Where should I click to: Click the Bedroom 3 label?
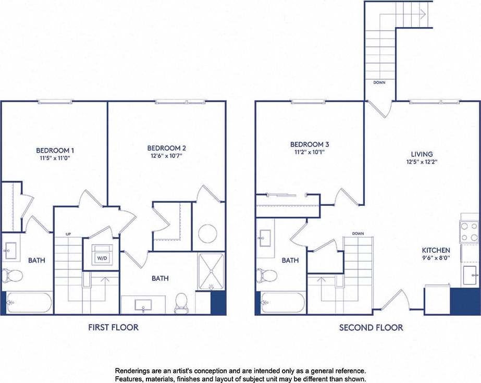(310, 144)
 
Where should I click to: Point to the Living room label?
(422, 154)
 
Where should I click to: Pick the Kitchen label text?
(436, 250)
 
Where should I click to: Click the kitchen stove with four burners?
(469, 232)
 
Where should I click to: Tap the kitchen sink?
(470, 272)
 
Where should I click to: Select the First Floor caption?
(113, 327)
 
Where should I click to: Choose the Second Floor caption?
(371, 327)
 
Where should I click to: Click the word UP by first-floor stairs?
(68, 234)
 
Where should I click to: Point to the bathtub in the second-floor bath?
(283, 303)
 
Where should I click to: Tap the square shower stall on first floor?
(211, 271)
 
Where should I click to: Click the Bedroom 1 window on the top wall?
(56, 102)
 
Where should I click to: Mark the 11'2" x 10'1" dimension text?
(310, 153)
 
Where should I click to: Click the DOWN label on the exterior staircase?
(379, 82)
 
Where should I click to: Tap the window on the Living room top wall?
(434, 102)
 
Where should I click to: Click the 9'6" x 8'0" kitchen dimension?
(436, 258)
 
